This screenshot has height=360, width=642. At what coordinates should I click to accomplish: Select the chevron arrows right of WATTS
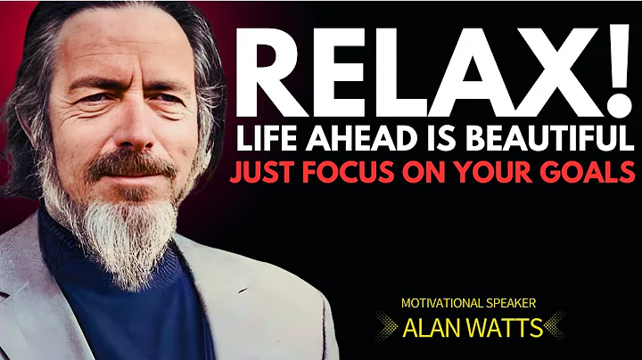(557, 327)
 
